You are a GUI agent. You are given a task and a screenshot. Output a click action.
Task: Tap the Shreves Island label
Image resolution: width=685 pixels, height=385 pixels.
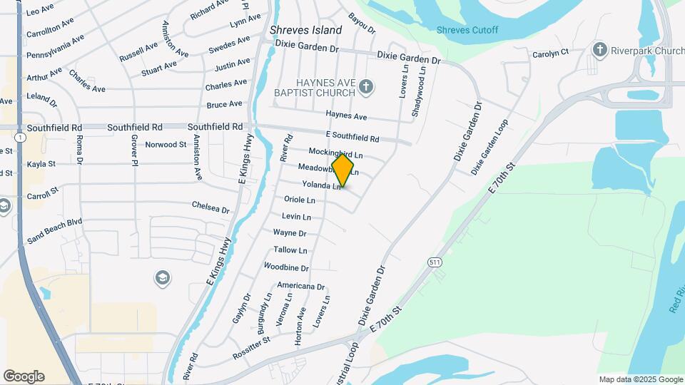click(305, 31)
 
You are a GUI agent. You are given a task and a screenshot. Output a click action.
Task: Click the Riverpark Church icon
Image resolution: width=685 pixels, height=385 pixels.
click(599, 50)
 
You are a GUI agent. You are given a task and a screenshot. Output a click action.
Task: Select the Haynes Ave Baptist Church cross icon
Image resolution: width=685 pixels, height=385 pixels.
click(366, 87)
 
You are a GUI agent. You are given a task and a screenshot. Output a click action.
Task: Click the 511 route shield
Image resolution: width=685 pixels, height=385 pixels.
click(436, 262)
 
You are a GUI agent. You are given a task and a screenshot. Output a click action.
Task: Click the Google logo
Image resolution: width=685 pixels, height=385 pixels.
click(24, 376)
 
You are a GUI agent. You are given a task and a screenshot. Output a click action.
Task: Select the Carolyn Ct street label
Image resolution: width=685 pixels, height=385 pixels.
click(550, 53)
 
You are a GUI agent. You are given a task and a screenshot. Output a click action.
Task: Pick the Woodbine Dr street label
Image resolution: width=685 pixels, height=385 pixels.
click(285, 268)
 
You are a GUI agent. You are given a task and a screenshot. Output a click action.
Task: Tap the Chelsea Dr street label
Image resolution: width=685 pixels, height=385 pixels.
click(210, 207)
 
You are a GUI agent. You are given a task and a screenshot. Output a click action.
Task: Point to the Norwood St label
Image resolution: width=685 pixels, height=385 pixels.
click(166, 145)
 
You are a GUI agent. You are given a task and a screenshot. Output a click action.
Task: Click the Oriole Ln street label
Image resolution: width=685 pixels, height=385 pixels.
click(299, 200)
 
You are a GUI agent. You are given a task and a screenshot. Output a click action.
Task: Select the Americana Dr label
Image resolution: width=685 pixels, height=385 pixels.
click(300, 287)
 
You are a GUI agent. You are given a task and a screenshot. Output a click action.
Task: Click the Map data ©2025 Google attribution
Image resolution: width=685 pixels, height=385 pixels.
click(640, 379)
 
